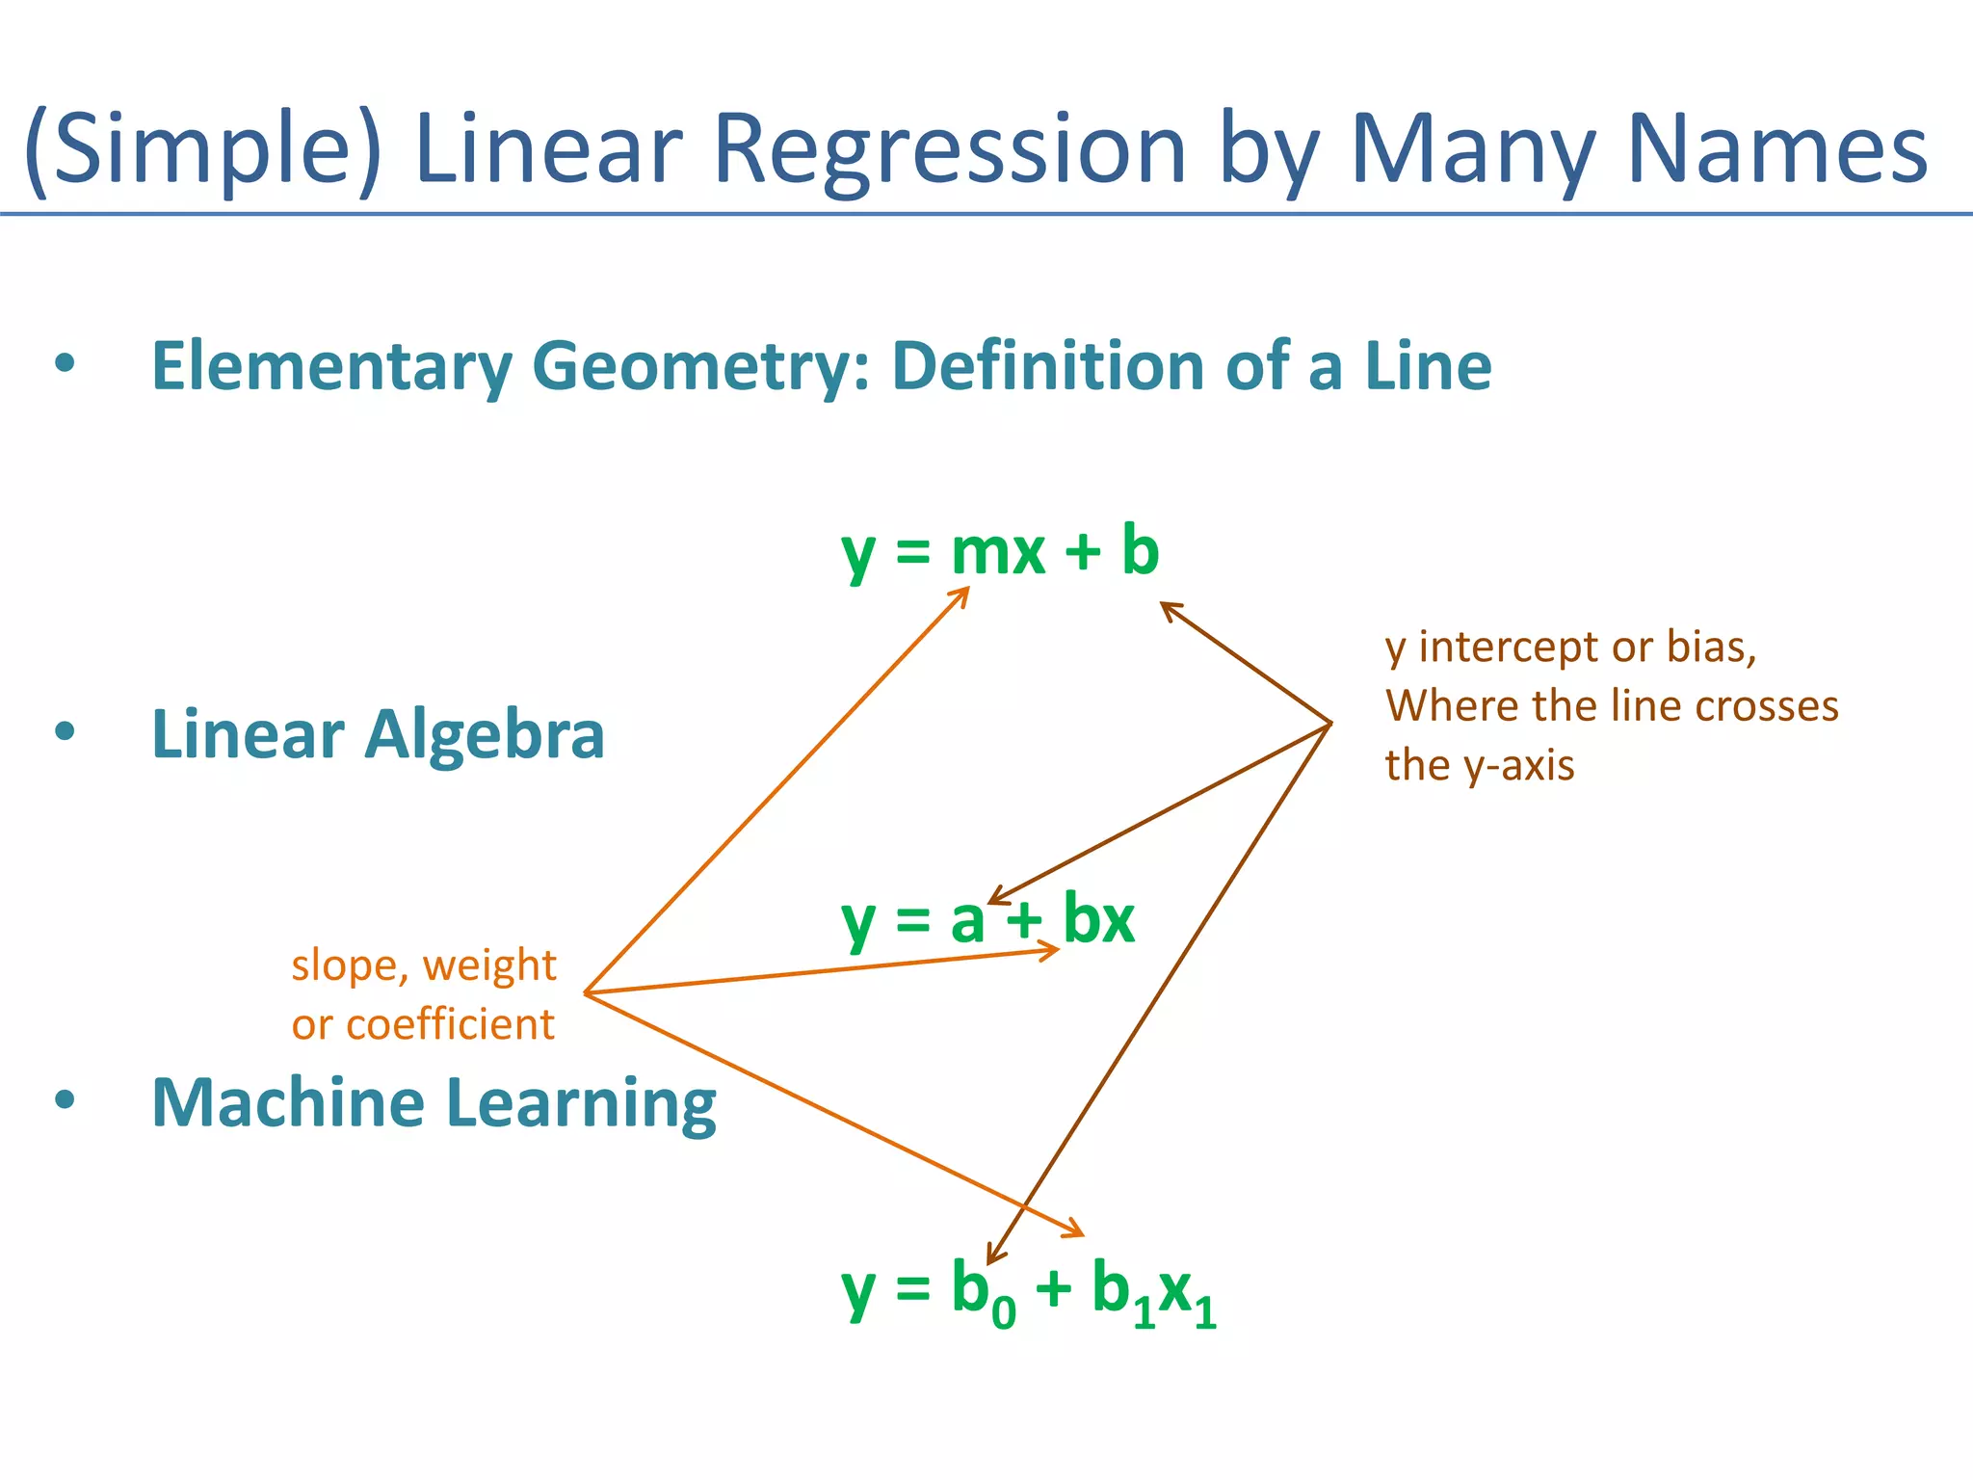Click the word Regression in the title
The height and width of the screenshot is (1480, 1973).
click(x=949, y=149)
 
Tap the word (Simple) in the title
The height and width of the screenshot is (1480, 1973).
click(x=202, y=149)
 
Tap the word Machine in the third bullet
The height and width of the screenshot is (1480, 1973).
click(x=287, y=1102)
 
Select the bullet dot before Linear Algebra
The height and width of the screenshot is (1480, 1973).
click(x=65, y=731)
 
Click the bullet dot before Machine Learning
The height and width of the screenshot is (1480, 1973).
click(x=65, y=1099)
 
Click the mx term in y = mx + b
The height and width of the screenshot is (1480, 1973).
click(x=997, y=553)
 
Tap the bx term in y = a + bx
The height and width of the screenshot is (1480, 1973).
click(x=1098, y=919)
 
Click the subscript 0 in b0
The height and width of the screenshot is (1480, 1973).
click(x=1003, y=1312)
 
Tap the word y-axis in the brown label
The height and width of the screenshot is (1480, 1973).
click(x=1518, y=766)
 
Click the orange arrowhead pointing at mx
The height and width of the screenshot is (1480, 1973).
click(x=960, y=595)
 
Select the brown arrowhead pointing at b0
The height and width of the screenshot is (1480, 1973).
click(x=993, y=1255)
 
